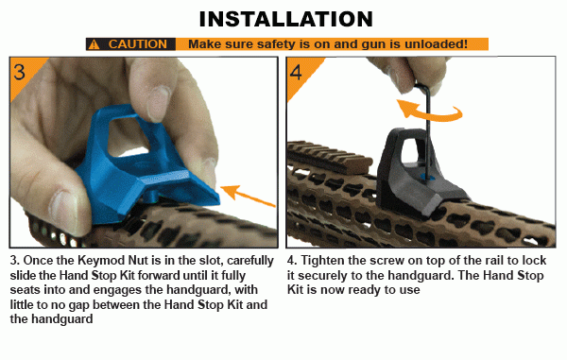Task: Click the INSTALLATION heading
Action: (x=283, y=18)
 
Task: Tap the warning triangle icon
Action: (x=94, y=44)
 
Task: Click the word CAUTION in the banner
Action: (x=138, y=44)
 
